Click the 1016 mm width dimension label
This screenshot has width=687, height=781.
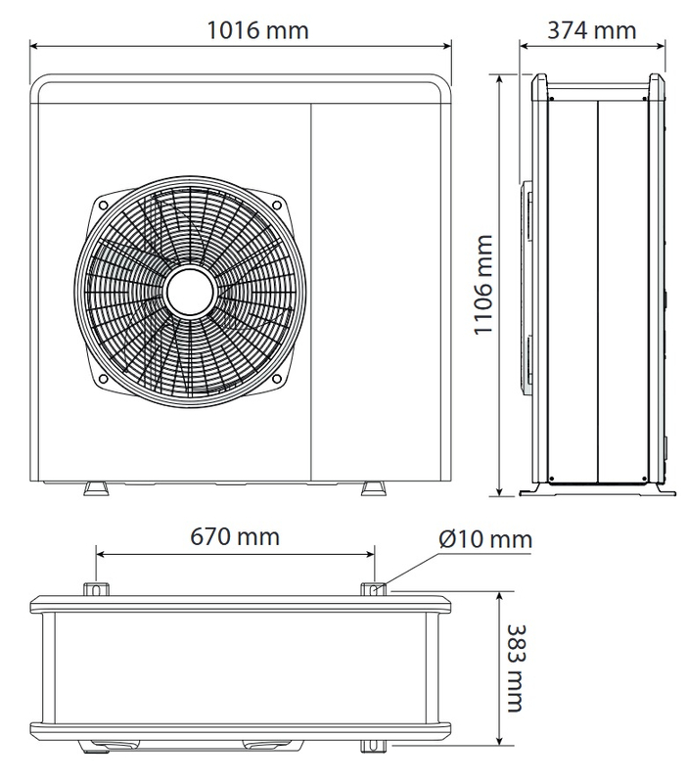(257, 29)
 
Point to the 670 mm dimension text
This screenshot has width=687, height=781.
(235, 537)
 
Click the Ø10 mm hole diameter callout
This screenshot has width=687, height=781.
(485, 539)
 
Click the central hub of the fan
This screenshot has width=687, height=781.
(190, 291)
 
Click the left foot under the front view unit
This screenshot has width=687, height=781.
(96, 487)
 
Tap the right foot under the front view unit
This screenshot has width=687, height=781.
(375, 487)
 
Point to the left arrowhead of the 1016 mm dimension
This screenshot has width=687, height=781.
(34, 44)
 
